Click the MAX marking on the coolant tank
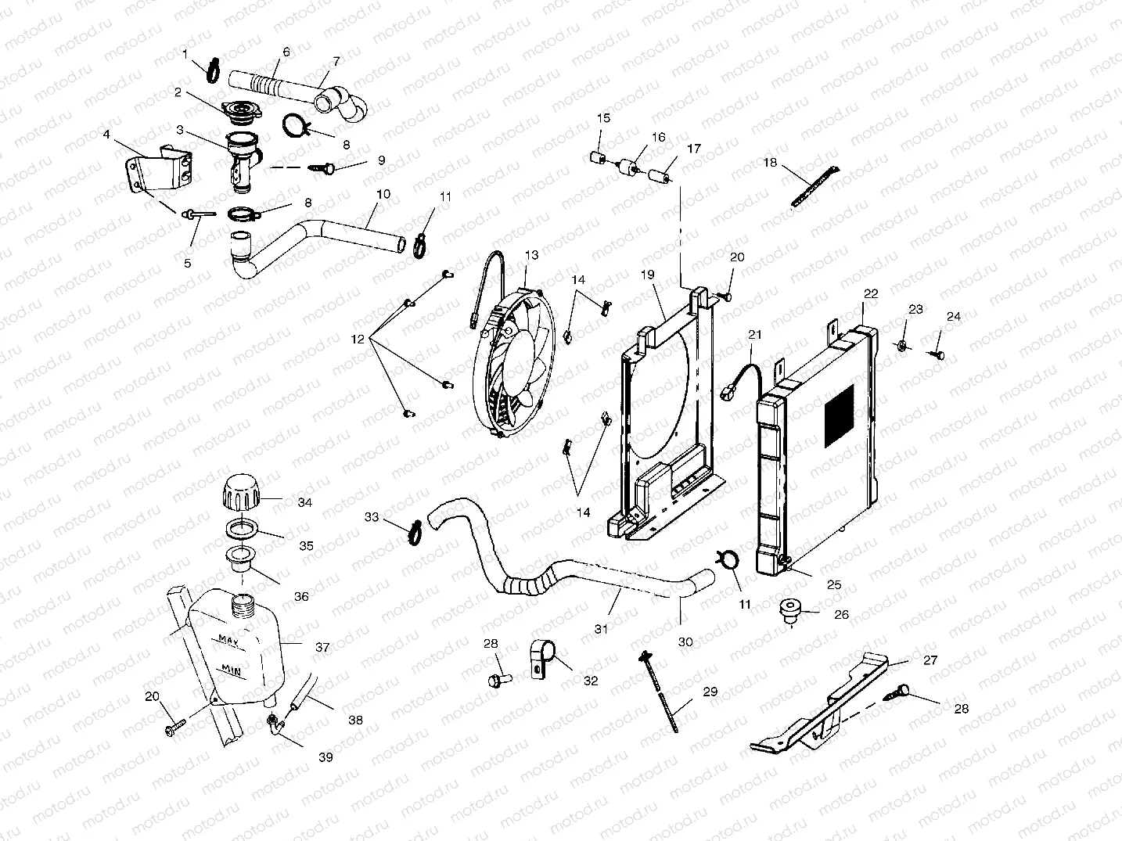[x=228, y=639]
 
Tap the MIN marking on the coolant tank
[x=229, y=670]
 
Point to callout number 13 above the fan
[x=532, y=255]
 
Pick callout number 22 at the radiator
[x=871, y=294]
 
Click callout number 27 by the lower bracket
[x=930, y=660]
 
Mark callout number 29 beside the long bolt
[x=710, y=692]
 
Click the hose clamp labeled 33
[x=413, y=530]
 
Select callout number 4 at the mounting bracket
[x=106, y=134]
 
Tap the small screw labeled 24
[x=937, y=354]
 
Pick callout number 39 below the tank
[x=325, y=757]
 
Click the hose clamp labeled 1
[x=211, y=70]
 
